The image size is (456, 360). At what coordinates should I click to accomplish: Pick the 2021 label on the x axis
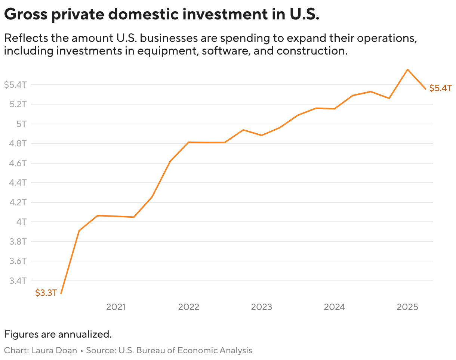[116, 307]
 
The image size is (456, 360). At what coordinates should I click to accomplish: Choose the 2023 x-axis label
[261, 307]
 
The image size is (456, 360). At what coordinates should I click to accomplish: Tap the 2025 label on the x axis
[407, 307]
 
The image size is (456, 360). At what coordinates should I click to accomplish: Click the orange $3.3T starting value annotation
[46, 293]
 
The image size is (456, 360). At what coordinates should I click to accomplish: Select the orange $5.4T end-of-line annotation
[440, 89]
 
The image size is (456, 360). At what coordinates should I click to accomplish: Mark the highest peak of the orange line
[407, 69]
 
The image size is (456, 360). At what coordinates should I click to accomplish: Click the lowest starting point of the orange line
[61, 294]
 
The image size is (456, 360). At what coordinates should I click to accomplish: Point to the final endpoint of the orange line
[425, 89]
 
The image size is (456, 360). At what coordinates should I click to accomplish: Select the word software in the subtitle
[225, 50]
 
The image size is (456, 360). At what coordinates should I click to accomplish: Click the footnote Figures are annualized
[58, 334]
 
